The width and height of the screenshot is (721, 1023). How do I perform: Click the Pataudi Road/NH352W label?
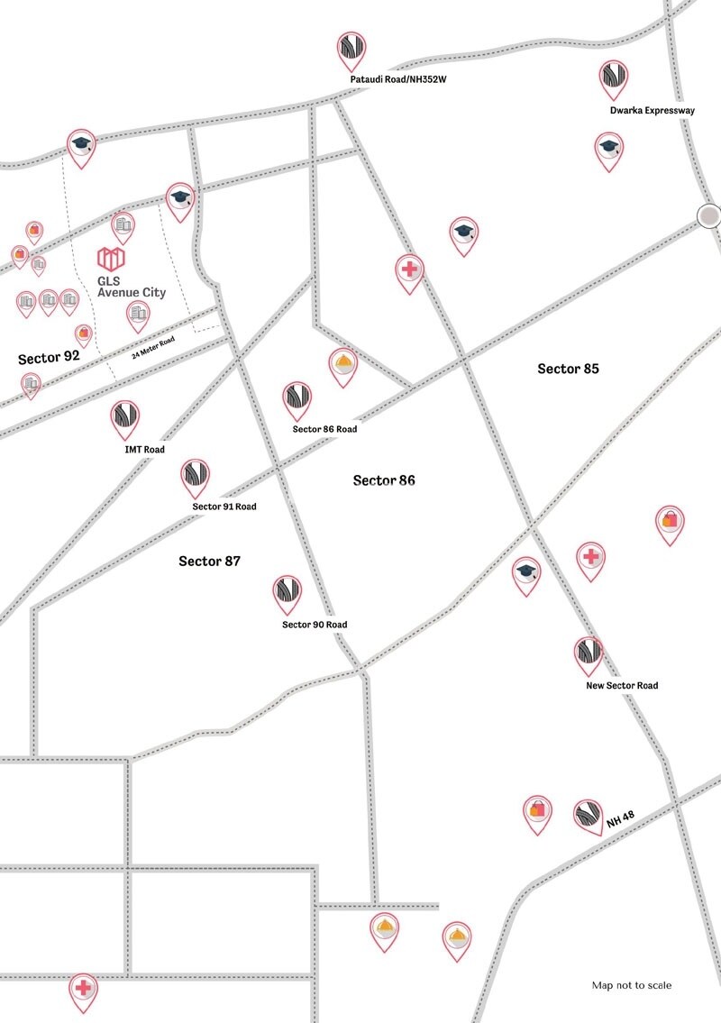click(398, 80)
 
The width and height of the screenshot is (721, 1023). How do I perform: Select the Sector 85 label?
click(568, 369)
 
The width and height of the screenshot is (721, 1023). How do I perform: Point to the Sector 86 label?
click(384, 480)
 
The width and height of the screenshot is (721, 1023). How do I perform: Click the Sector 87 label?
click(209, 561)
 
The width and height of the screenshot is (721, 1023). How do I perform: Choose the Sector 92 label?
click(49, 358)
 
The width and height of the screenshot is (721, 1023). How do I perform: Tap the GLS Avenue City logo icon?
click(111, 260)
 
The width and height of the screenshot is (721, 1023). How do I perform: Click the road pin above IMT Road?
click(124, 418)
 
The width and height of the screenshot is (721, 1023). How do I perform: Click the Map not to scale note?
click(631, 985)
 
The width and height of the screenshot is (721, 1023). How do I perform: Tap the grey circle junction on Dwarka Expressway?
click(709, 215)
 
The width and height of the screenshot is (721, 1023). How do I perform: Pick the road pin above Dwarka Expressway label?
click(614, 78)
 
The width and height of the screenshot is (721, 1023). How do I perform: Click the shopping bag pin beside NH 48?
click(537, 811)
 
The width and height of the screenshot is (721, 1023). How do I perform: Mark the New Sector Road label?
click(622, 686)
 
